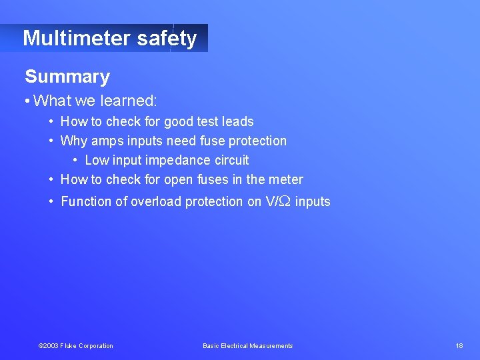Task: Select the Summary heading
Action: coord(67,77)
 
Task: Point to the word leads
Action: coord(237,121)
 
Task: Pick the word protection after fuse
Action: coord(257,141)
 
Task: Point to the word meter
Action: coord(286,179)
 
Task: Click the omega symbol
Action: coord(285,201)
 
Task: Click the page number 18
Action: coord(459,345)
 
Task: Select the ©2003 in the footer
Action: coord(49,345)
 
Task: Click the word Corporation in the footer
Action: coord(95,345)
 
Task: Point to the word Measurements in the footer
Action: coord(271,345)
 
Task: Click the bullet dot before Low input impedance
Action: coord(75,160)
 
